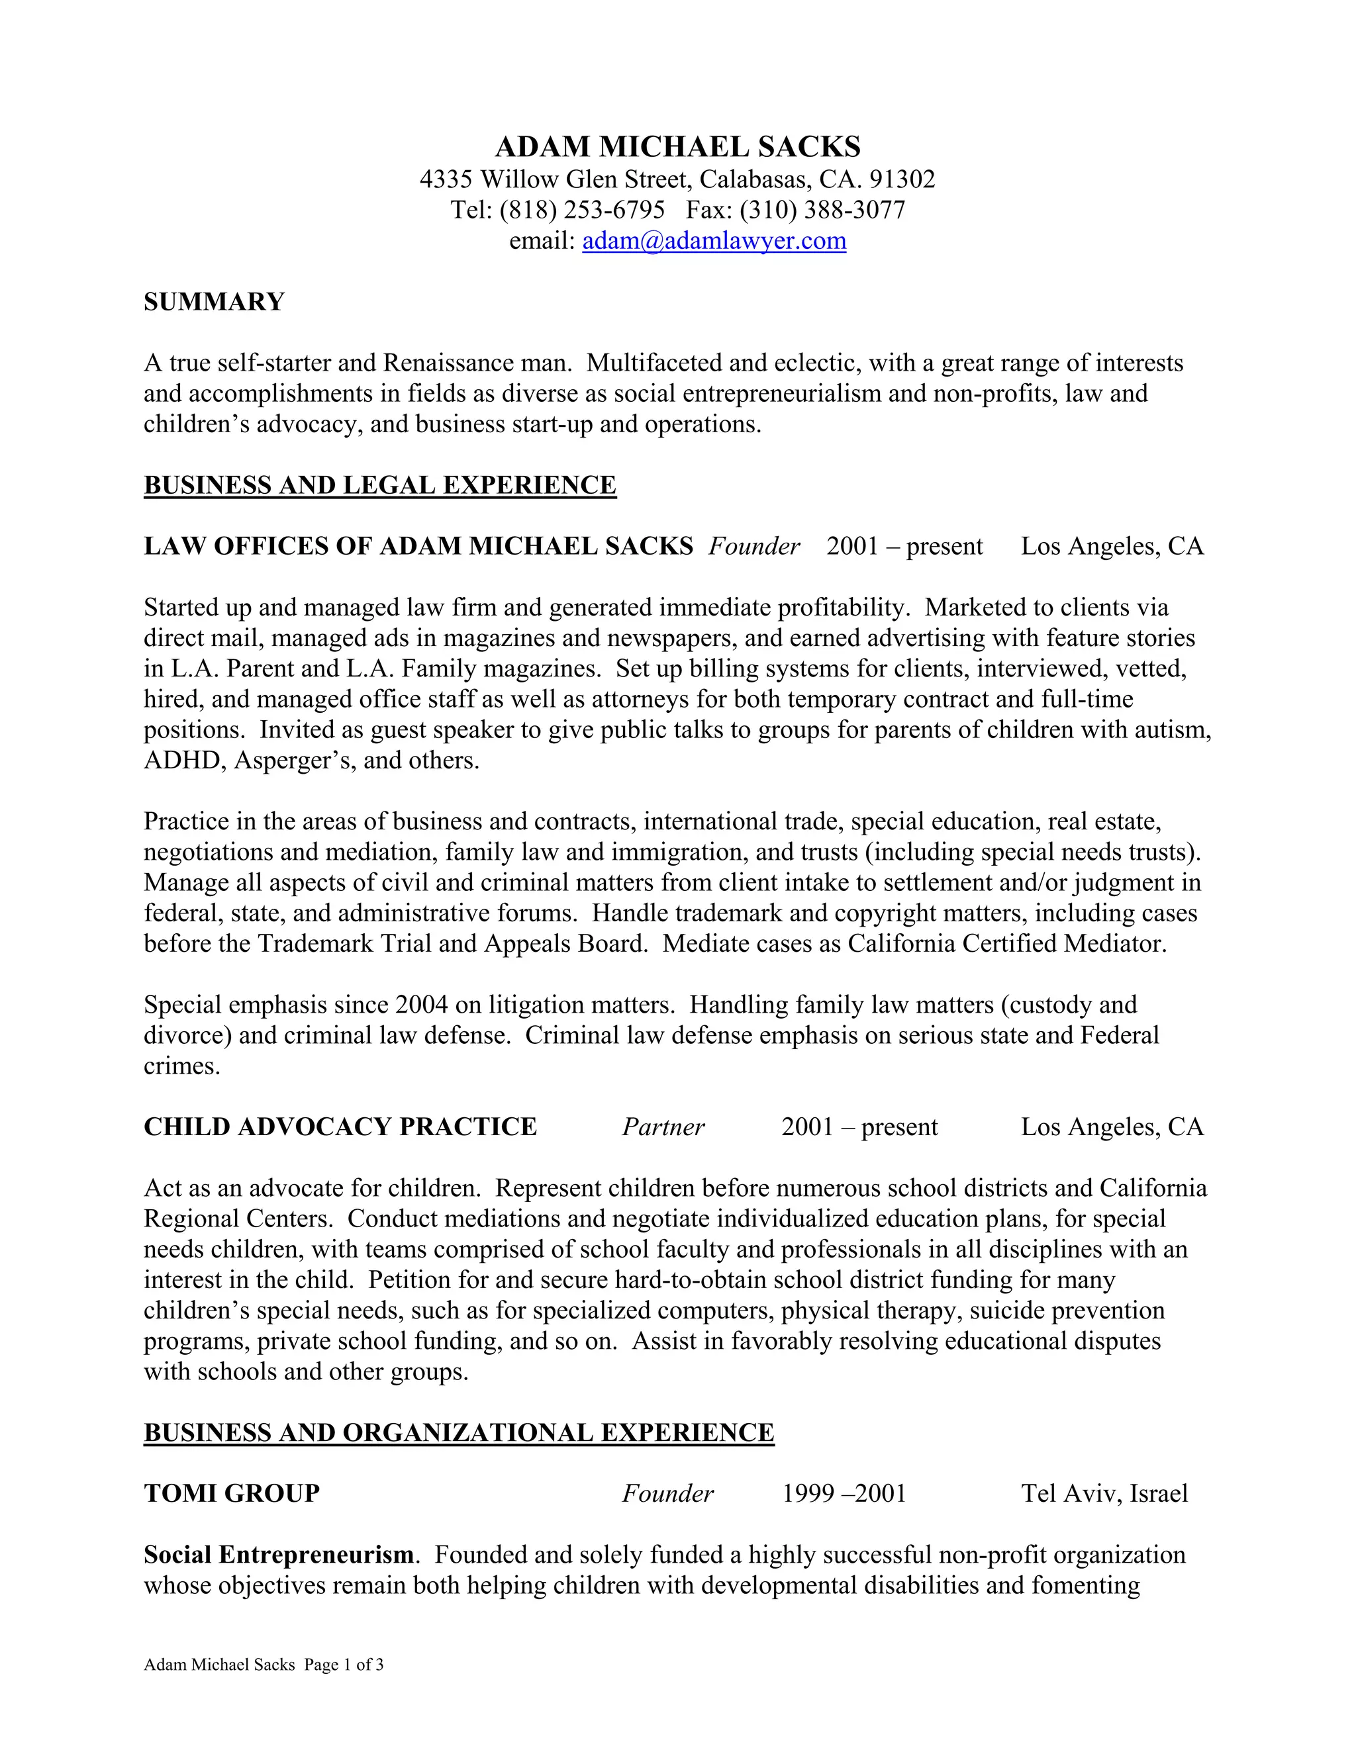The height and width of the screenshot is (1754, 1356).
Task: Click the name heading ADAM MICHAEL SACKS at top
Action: pyautogui.click(x=677, y=147)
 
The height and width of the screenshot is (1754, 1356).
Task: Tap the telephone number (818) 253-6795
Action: pyautogui.click(x=581, y=210)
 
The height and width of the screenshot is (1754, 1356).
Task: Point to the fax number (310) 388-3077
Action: pyautogui.click(x=822, y=210)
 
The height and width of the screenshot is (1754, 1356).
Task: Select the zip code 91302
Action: pyautogui.click(x=902, y=178)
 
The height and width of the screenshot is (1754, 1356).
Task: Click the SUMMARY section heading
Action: pyautogui.click(x=214, y=302)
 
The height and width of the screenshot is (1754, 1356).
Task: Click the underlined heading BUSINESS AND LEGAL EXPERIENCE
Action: pyautogui.click(x=379, y=485)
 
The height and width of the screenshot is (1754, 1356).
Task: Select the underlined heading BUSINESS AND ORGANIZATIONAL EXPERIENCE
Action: pyautogui.click(x=458, y=1433)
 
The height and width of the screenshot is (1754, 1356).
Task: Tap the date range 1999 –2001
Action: pyautogui.click(x=844, y=1494)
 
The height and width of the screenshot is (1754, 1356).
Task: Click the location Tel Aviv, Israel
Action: pyautogui.click(x=1104, y=1494)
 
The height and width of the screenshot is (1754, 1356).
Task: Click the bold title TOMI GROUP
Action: pyautogui.click(x=231, y=1494)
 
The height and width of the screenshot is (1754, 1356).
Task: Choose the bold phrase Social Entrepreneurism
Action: pyautogui.click(x=278, y=1555)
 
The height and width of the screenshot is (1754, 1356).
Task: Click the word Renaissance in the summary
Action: pyautogui.click(x=448, y=363)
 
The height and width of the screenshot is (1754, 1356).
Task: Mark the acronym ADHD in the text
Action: pyautogui.click(x=181, y=761)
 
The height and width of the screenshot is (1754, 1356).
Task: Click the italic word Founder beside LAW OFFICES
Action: pyautogui.click(x=753, y=547)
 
